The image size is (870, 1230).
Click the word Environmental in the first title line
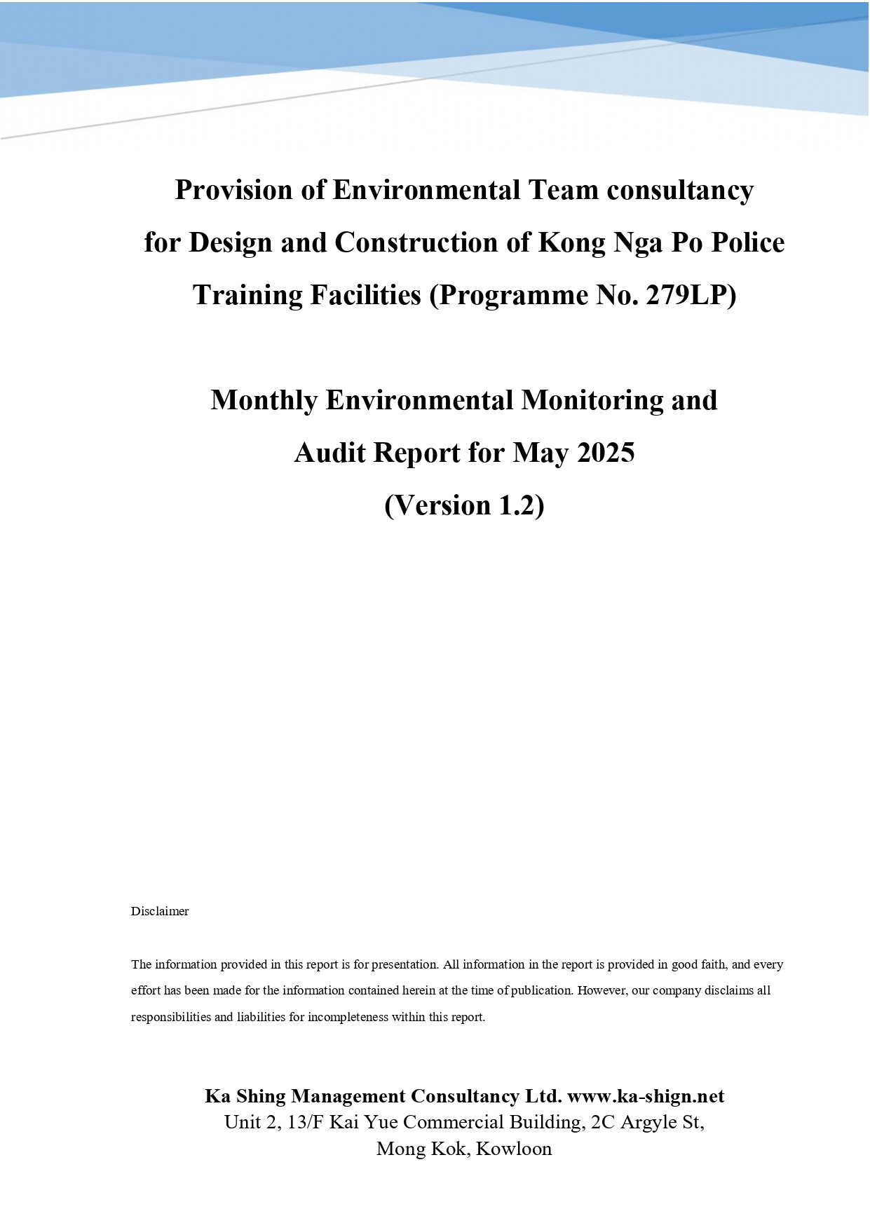426,190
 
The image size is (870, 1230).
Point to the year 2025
606,453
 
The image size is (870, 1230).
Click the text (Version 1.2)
464,505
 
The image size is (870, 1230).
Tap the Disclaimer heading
160,911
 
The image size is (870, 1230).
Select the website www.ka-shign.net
646,1096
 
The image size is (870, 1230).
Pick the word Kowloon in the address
514,1149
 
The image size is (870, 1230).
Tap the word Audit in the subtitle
329,453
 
